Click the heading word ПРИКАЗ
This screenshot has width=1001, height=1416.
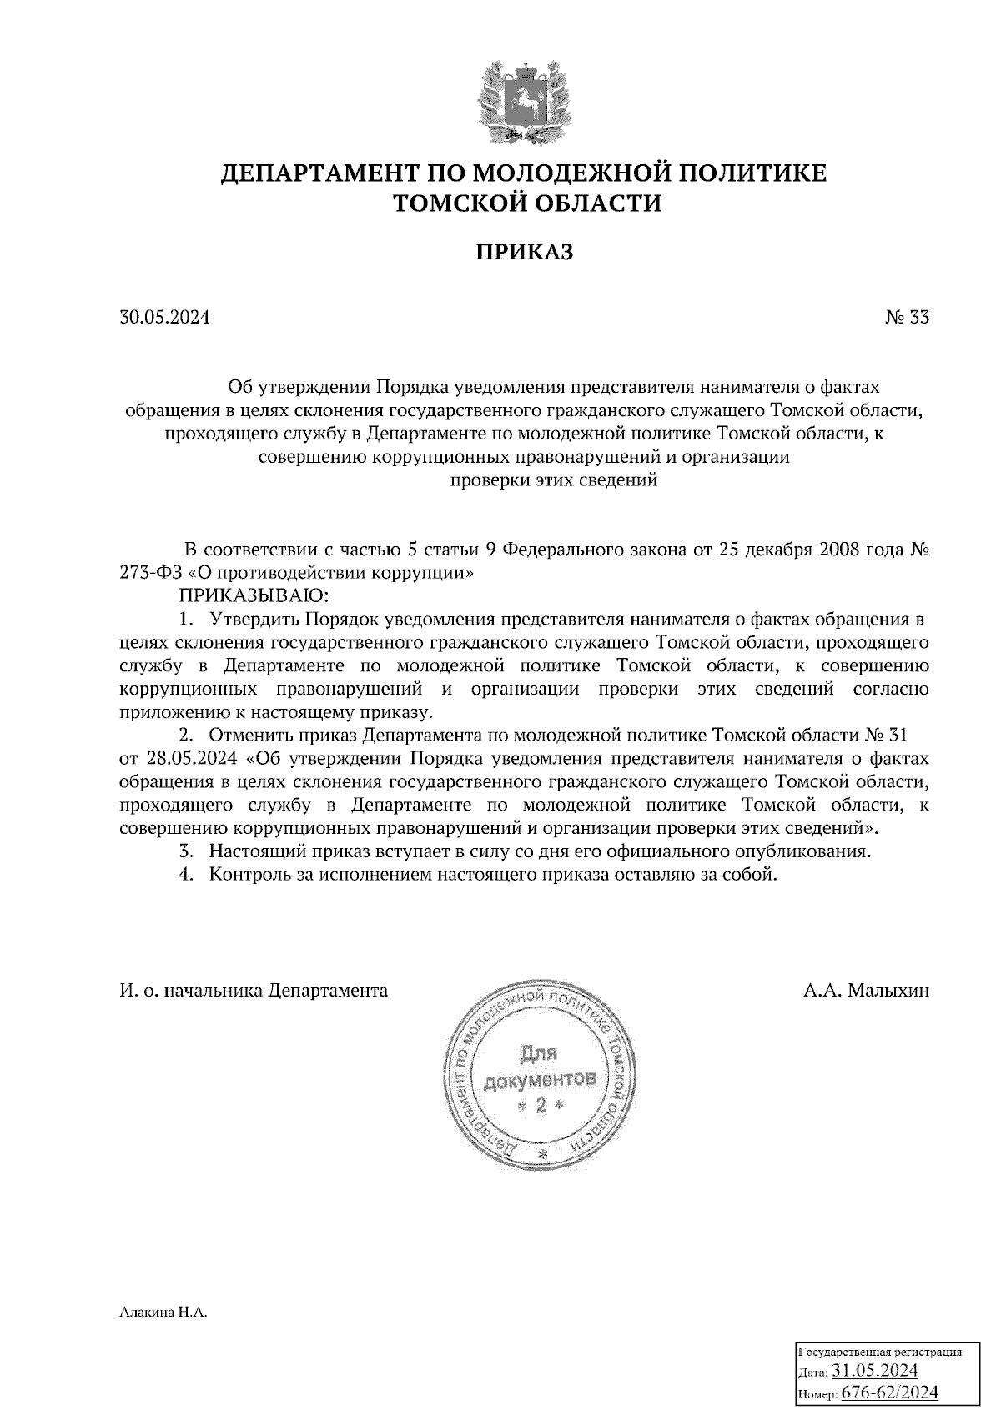tap(525, 253)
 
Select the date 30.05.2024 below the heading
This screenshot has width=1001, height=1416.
tap(164, 318)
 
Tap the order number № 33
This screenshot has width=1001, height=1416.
tap(906, 318)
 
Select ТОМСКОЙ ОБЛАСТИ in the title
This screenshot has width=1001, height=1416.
tap(525, 203)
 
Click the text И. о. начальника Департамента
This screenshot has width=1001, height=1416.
tap(254, 991)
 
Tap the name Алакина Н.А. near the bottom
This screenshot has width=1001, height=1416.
tap(163, 1313)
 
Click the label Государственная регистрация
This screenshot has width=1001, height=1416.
tap(881, 1352)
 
